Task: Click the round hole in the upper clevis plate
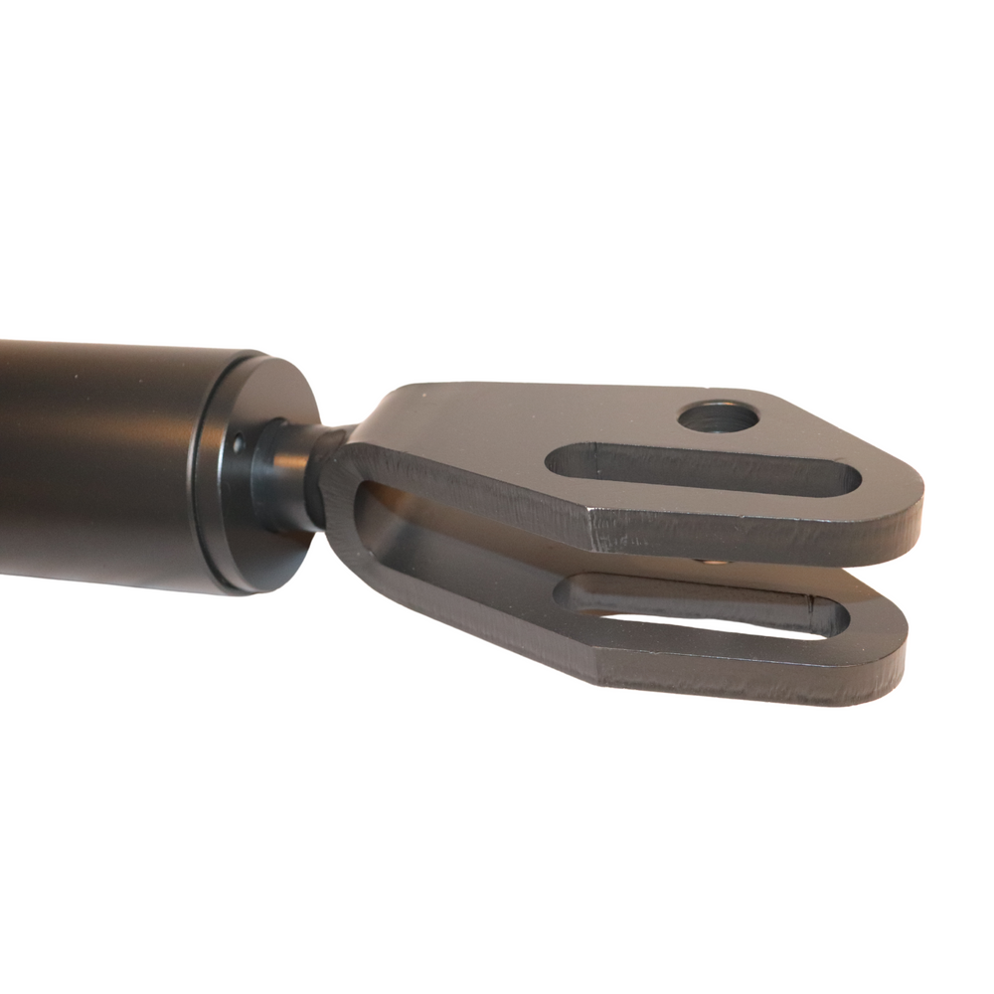click(718, 416)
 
